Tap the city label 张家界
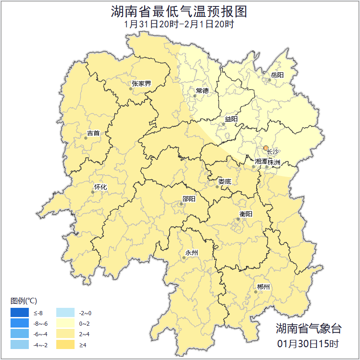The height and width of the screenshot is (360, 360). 141,84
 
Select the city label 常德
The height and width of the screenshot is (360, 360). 202,91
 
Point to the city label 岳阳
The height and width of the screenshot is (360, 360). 277,75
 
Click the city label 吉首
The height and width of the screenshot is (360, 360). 93,133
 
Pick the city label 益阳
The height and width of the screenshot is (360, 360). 231,119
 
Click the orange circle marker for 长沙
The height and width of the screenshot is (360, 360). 266,148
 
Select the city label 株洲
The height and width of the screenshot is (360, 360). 274,162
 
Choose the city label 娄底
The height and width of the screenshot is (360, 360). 224,182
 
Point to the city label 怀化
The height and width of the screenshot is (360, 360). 100,187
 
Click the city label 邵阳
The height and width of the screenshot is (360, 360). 188,199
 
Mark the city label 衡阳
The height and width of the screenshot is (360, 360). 245,214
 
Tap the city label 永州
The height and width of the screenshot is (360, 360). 192,253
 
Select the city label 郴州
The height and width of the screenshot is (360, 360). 263,287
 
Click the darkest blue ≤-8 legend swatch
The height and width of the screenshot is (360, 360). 20,313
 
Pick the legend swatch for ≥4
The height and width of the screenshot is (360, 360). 65,344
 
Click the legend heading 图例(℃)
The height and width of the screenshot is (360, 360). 24,301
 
